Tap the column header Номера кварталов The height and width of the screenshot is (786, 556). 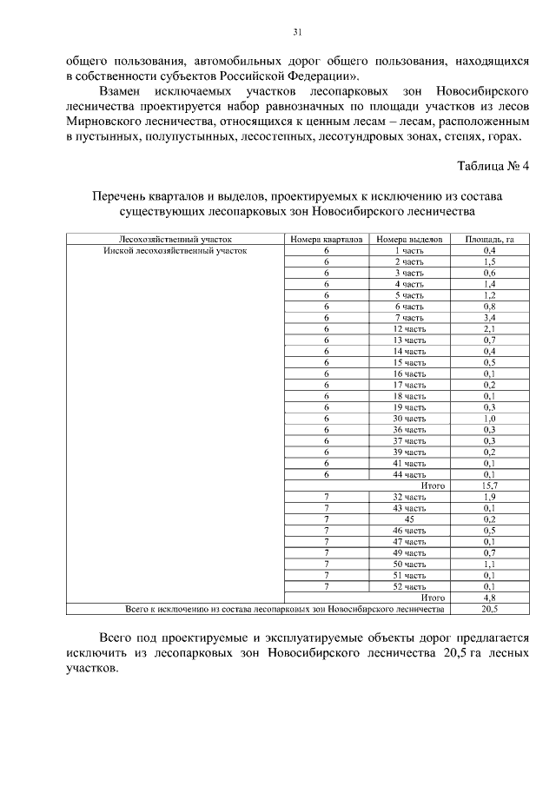(x=327, y=238)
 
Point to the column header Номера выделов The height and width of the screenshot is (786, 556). (x=409, y=238)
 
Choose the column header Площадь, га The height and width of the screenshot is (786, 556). (x=489, y=238)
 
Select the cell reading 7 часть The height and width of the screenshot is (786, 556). (x=409, y=317)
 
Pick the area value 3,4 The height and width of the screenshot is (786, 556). (x=489, y=317)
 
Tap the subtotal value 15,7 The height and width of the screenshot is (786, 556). (x=489, y=485)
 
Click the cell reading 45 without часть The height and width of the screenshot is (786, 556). (x=409, y=519)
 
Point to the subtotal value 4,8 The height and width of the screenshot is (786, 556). (x=489, y=598)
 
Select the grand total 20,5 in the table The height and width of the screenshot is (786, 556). (x=489, y=609)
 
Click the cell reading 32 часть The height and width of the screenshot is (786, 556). (x=409, y=497)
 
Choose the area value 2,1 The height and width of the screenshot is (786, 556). (x=489, y=328)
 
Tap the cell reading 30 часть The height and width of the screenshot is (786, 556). (x=409, y=418)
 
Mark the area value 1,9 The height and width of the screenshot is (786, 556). (x=489, y=497)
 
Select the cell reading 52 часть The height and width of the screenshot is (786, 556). (x=409, y=586)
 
